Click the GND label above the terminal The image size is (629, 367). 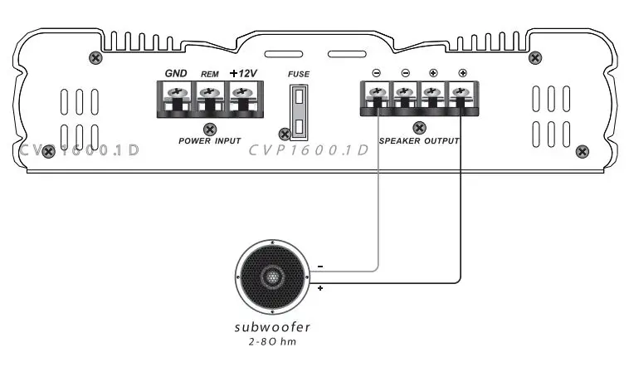(175, 74)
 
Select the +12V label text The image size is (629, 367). (242, 74)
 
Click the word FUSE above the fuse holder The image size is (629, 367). (299, 75)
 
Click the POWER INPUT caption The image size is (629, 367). (209, 141)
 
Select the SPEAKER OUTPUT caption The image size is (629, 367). (419, 141)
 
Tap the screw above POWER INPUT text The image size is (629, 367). (210, 129)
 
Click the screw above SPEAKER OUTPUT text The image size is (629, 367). (420, 128)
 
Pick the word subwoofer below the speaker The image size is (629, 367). (273, 325)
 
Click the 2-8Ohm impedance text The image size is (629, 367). (273, 340)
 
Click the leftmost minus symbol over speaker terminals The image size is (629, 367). (376, 73)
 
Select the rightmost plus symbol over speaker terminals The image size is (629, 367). (462, 73)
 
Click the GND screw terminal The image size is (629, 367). (175, 95)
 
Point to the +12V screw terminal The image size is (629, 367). (241, 95)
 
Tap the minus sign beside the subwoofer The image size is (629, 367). (319, 267)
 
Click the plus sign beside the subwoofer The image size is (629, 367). (319, 288)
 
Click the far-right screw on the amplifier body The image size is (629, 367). (583, 151)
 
